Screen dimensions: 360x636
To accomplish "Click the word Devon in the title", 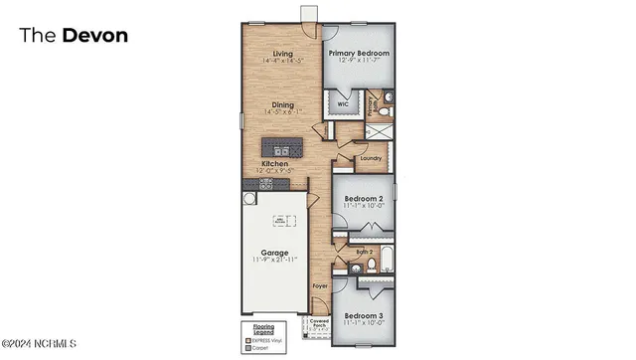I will click(95, 36).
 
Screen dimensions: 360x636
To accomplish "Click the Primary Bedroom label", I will click(359, 54).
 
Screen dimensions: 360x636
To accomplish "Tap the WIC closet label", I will click(342, 103).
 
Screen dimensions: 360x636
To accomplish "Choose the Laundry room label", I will click(371, 157).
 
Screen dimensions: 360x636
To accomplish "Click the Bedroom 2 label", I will click(364, 199).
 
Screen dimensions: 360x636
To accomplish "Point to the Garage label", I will click(275, 253).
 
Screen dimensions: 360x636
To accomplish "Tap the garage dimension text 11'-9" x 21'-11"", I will click(275, 261).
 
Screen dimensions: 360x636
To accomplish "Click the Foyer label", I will click(320, 286).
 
